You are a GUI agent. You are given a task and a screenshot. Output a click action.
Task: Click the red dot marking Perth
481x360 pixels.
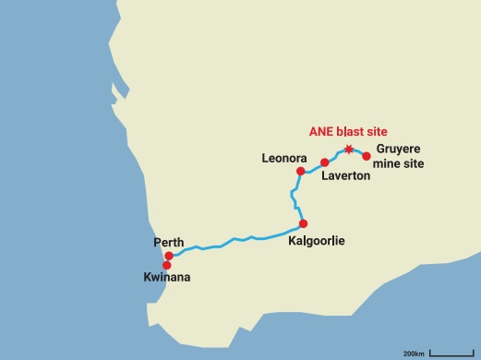tap(169, 256)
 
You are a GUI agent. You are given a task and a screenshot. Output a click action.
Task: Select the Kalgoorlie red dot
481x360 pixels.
tap(303, 223)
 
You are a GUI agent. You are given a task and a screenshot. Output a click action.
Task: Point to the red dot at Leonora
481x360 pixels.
tap(300, 171)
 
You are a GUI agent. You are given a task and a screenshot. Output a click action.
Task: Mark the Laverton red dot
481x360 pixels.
tap(324, 162)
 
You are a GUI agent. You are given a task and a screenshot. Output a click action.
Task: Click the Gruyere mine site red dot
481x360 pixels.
tap(367, 156)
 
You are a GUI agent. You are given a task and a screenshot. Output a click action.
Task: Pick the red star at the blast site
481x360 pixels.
tap(348, 150)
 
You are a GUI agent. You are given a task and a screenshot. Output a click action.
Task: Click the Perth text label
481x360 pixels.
tap(169, 243)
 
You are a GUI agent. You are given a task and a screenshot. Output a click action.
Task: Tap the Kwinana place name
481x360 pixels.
tap(167, 277)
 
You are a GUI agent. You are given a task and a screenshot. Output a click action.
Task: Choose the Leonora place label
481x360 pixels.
tap(283, 159)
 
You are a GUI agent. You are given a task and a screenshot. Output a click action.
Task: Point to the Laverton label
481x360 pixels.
tap(346, 175)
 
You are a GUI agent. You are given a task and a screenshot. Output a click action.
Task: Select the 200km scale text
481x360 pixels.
tap(414, 353)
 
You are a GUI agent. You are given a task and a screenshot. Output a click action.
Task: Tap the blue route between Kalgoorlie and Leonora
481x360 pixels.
tap(294, 196)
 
